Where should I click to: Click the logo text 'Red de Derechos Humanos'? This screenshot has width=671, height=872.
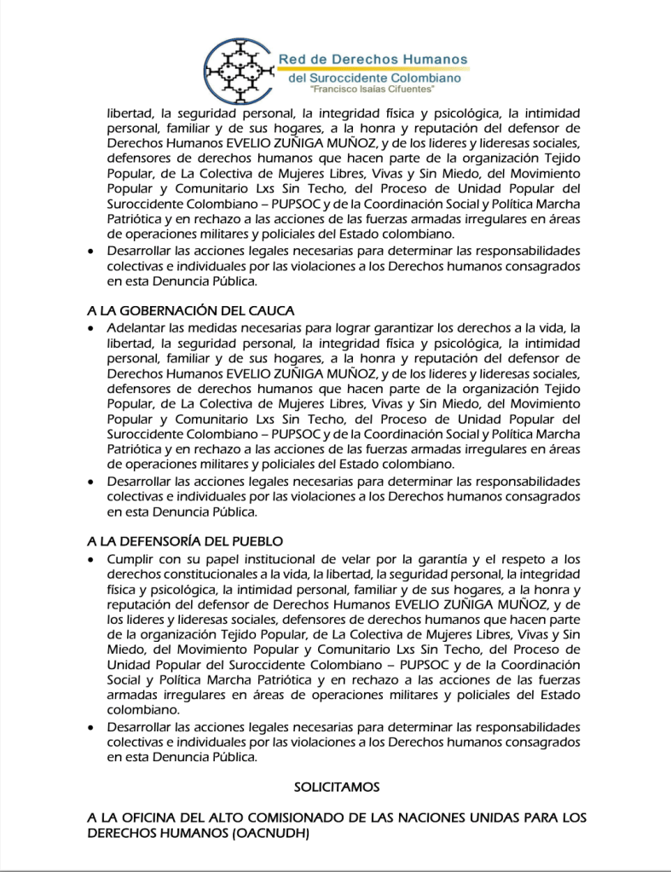coord(373,59)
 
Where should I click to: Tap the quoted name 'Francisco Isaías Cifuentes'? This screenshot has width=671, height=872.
coord(373,90)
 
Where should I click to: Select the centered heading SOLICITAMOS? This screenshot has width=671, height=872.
coord(336,785)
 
